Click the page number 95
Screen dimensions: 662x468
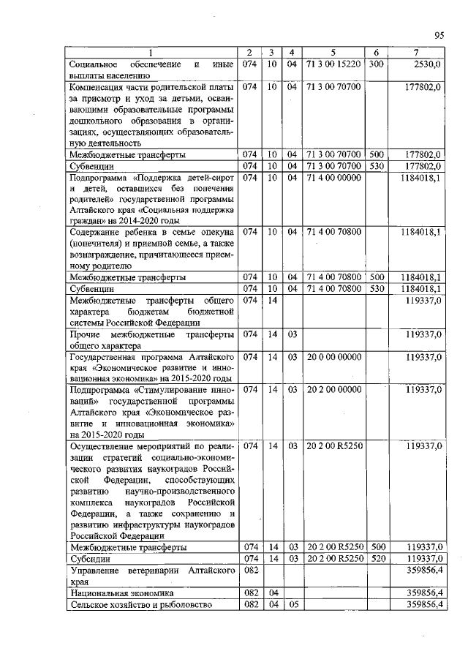[x=439, y=34]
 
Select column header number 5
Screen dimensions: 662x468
[x=333, y=53]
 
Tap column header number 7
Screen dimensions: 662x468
[x=415, y=53]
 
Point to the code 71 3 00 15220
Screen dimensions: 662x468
[x=333, y=64]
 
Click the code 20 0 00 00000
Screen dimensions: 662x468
[x=333, y=357]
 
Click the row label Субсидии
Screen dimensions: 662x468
[x=89, y=558]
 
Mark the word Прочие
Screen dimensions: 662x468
[x=85, y=334]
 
